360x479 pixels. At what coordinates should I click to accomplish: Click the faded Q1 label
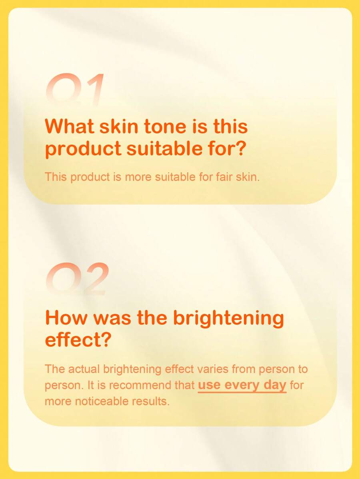pyautogui.click(x=75, y=89)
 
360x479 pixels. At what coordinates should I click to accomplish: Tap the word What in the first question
pyautogui.click(x=69, y=126)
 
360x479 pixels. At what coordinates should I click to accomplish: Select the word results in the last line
pyautogui.click(x=150, y=401)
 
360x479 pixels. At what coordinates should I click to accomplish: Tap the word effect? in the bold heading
pyautogui.click(x=78, y=340)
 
